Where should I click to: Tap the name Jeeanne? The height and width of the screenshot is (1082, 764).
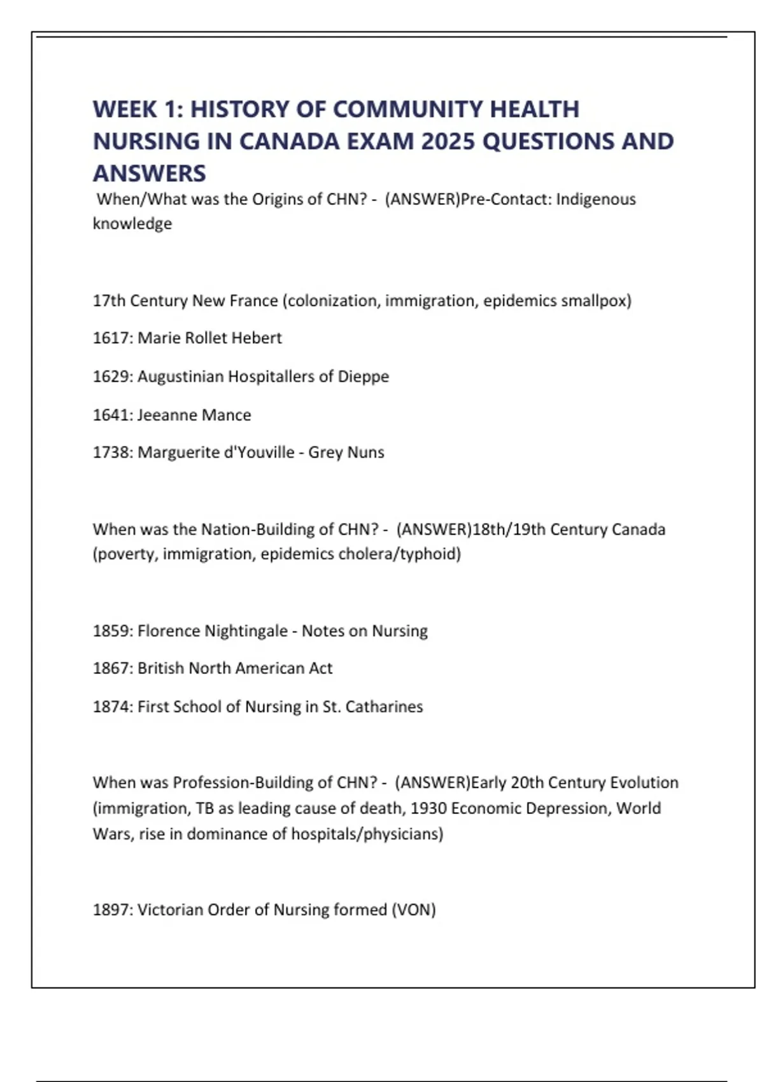(162, 415)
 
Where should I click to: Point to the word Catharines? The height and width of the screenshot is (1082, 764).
(384, 706)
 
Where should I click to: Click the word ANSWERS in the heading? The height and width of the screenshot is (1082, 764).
(150, 173)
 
